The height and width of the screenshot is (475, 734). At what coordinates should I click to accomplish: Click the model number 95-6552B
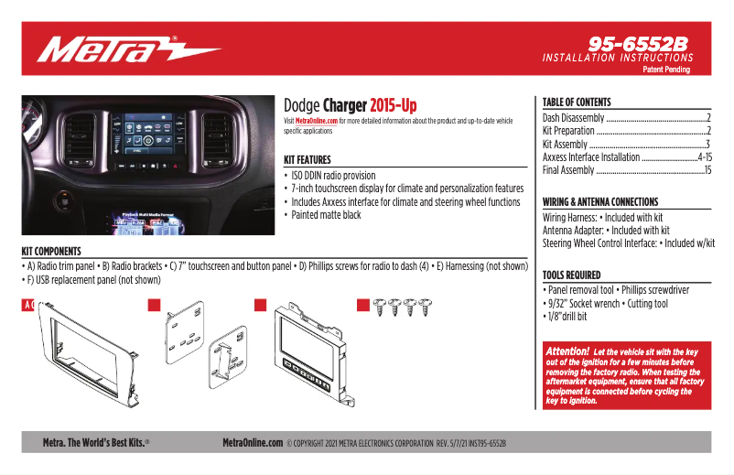click(637, 43)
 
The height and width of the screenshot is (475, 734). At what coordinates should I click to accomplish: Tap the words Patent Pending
click(665, 70)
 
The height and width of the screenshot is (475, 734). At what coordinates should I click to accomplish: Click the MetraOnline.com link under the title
click(317, 121)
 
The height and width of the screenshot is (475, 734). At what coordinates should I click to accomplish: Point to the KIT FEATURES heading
click(308, 159)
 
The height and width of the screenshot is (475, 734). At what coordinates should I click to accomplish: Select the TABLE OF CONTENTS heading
click(577, 103)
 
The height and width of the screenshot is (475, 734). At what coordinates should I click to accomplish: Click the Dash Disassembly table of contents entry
click(574, 118)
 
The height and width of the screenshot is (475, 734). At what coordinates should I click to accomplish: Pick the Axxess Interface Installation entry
click(591, 157)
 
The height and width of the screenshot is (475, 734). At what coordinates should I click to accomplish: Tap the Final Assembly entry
click(568, 170)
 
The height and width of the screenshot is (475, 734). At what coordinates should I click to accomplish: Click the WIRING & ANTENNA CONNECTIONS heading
click(599, 201)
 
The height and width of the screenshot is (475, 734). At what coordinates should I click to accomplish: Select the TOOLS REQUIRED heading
click(571, 275)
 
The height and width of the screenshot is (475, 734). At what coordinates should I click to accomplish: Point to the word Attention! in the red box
click(567, 351)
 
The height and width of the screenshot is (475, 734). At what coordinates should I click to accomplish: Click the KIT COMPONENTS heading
click(51, 251)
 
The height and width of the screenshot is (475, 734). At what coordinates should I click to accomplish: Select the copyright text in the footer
click(395, 443)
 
